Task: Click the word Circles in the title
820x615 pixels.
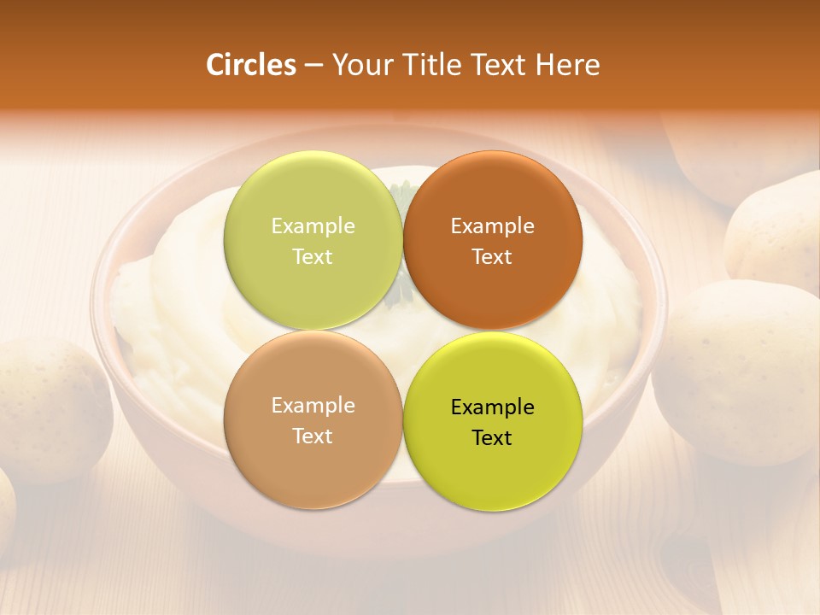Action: pyautogui.click(x=250, y=65)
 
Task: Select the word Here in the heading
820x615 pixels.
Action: pyautogui.click(x=568, y=65)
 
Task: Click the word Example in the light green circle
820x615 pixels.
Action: pyautogui.click(x=313, y=226)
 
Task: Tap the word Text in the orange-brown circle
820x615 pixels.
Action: pyautogui.click(x=492, y=257)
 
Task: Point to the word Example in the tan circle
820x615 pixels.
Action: pyautogui.click(x=313, y=406)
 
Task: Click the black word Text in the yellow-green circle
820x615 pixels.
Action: pyautogui.click(x=492, y=438)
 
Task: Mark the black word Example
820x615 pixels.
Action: pyautogui.click(x=492, y=407)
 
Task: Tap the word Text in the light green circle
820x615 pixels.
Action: pyautogui.click(x=313, y=257)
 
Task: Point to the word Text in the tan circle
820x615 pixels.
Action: pyautogui.click(x=313, y=436)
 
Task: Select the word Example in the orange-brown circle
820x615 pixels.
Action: pyautogui.click(x=492, y=226)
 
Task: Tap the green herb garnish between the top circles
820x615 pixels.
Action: pyautogui.click(x=402, y=290)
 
